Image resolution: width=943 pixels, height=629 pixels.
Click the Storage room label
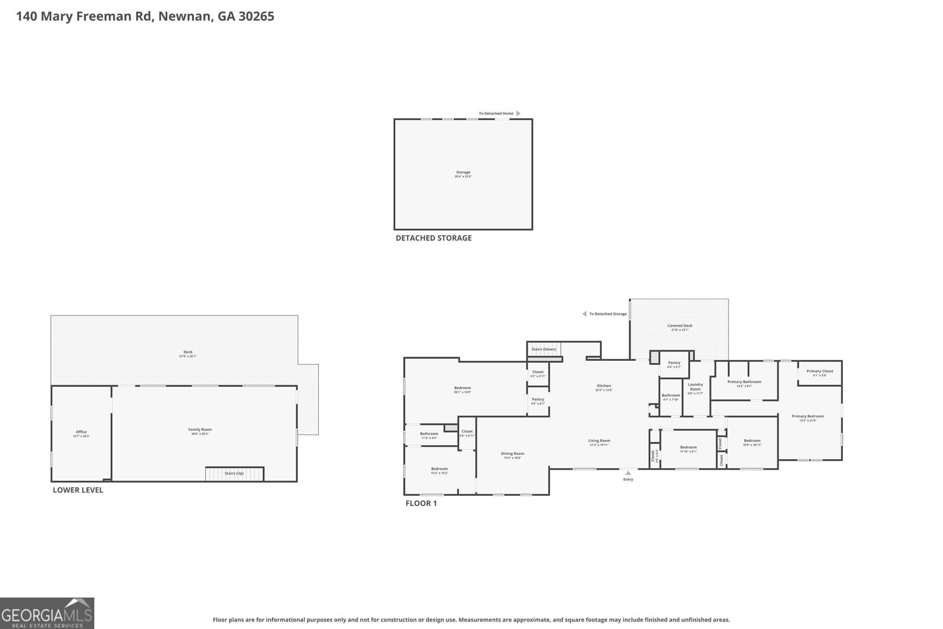(x=463, y=173)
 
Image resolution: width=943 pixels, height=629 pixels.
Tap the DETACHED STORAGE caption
(x=433, y=238)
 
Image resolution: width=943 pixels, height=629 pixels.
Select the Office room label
(x=81, y=432)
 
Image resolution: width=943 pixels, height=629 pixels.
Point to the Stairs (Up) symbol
(x=234, y=473)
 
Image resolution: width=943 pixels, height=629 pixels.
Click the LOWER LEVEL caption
(x=78, y=490)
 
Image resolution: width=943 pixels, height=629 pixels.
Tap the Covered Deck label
(x=680, y=326)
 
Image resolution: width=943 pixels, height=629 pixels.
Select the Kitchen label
(x=604, y=386)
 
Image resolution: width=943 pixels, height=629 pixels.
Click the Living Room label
(x=599, y=441)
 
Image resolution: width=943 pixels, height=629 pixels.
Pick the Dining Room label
(x=512, y=454)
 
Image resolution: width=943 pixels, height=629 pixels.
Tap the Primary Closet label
(x=819, y=371)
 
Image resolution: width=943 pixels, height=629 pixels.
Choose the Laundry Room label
(x=695, y=387)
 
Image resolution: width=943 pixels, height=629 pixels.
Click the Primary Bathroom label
(x=744, y=382)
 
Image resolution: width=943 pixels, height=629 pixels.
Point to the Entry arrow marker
(x=628, y=472)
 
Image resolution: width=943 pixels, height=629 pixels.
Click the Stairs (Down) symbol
(x=543, y=349)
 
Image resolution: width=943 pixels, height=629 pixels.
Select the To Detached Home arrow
(x=518, y=113)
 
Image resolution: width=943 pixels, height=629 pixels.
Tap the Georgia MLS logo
(x=47, y=613)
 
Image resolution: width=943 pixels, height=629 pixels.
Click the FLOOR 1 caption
(x=421, y=503)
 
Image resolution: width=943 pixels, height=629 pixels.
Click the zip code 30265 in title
(x=255, y=17)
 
